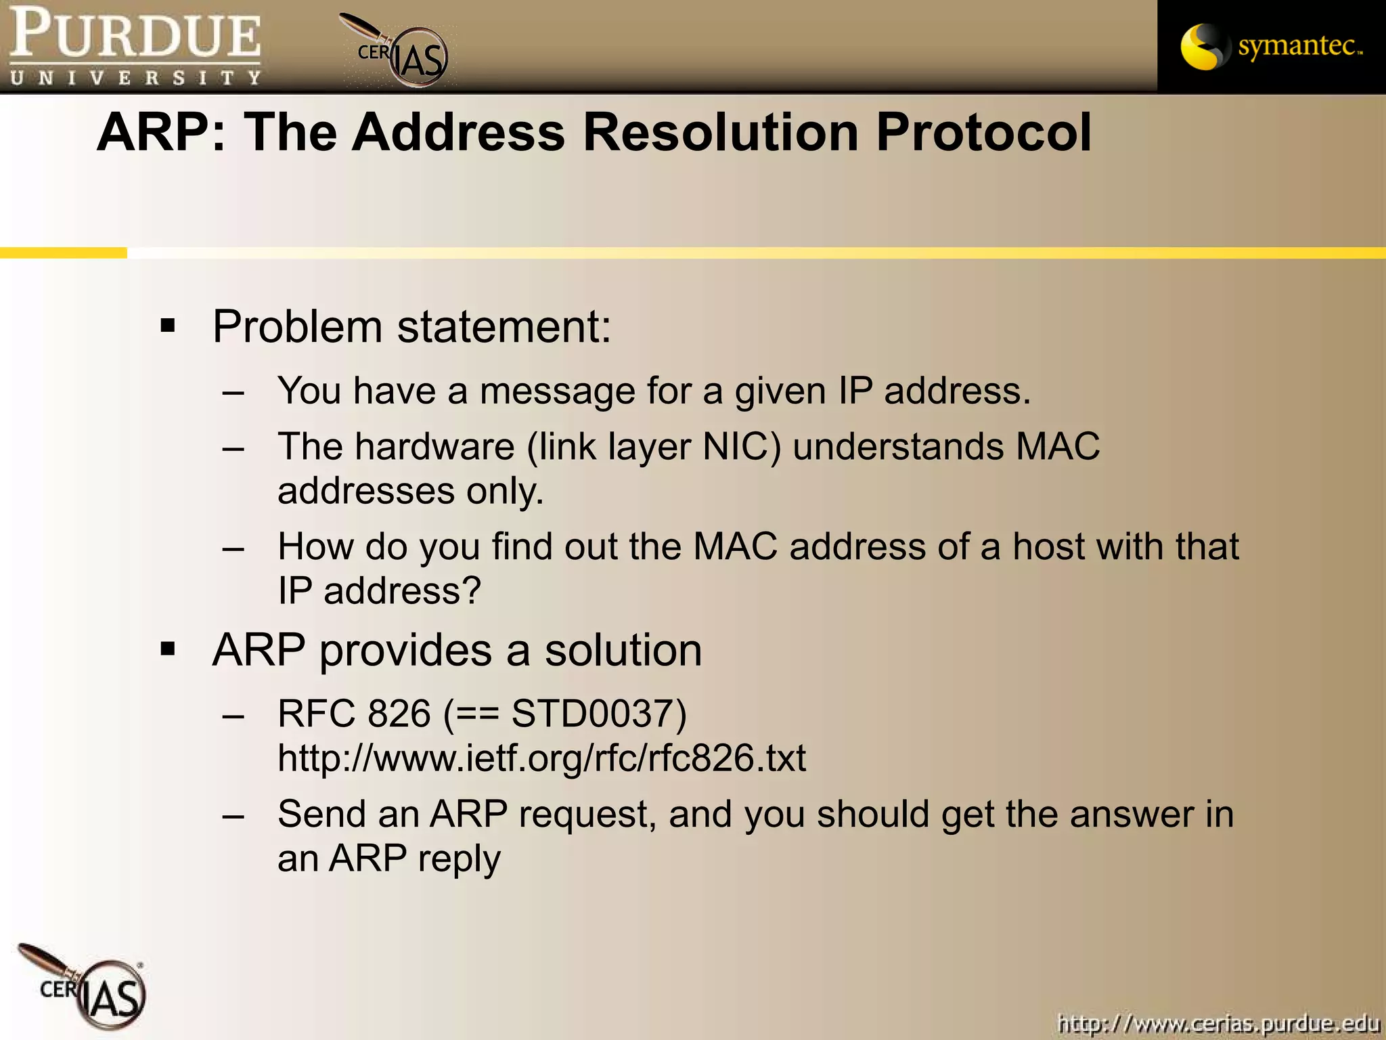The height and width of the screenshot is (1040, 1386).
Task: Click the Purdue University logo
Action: [135, 46]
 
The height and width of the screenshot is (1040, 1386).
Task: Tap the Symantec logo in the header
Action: [1271, 46]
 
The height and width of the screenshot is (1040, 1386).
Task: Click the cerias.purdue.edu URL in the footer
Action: [1218, 1022]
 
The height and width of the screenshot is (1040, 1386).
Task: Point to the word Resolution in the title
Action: [721, 132]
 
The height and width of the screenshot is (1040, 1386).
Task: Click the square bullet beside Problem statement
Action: [168, 326]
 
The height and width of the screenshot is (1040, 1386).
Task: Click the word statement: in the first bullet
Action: [504, 326]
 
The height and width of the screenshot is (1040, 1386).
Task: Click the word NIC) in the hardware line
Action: [742, 447]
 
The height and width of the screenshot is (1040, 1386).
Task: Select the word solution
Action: [623, 650]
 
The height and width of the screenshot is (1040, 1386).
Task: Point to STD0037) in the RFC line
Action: [599, 714]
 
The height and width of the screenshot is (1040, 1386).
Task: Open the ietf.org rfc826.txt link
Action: [541, 758]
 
